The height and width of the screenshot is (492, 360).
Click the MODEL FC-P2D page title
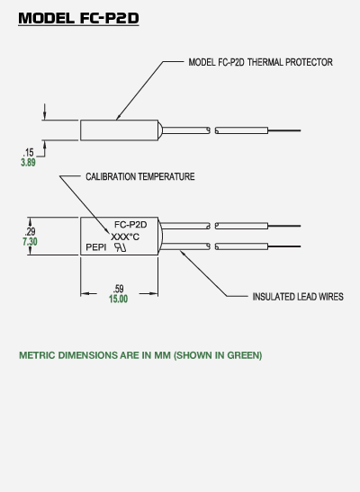pos(78,18)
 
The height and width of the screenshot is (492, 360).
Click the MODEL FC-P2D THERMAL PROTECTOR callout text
pos(260,62)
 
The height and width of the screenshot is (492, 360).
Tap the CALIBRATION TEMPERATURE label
pos(140,176)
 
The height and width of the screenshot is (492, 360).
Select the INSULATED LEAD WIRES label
pos(298,297)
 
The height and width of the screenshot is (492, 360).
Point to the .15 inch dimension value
pos(28,153)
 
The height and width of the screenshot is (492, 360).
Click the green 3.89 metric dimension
pos(28,163)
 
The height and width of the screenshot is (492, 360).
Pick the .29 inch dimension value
pos(30,231)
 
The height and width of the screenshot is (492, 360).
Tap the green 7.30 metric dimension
pos(30,242)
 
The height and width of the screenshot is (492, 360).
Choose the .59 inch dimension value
pos(118,289)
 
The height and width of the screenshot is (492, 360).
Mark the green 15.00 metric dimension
pos(118,299)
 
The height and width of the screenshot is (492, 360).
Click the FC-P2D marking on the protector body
pos(130,225)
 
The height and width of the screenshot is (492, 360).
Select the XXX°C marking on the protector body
pos(125,237)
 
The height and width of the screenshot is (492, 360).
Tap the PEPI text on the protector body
pos(96,247)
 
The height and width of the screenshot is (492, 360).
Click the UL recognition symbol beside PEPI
pos(121,247)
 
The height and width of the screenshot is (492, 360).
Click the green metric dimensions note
pos(140,355)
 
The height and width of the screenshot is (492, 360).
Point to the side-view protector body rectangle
pos(120,120)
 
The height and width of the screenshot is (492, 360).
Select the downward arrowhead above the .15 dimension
pos(45,115)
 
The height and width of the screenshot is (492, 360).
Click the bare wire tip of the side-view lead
pos(284,130)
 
